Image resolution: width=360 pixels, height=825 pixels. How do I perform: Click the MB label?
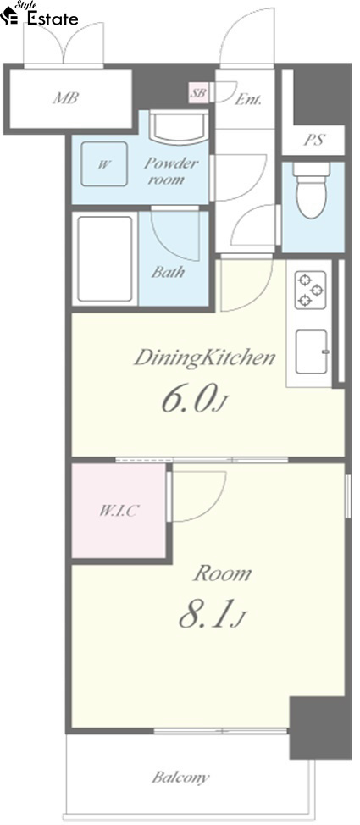pos(66,98)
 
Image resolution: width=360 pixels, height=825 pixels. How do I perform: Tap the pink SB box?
pos(198,94)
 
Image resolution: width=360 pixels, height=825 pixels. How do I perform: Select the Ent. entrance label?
pos(248,99)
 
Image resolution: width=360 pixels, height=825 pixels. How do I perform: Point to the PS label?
pos(314,140)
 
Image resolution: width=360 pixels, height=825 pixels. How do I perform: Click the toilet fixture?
pos(312,190)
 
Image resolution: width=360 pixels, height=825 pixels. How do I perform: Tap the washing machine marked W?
pos(104,163)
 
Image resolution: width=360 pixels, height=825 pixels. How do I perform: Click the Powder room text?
pos(164,170)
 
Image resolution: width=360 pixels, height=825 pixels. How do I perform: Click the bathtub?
pos(105,259)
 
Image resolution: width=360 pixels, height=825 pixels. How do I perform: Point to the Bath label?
pos(168,272)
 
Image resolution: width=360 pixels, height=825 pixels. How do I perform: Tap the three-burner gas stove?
pos(310,290)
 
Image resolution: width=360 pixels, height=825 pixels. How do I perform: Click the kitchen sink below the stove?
pos(311,352)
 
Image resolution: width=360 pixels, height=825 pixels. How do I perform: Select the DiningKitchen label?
pos(205,358)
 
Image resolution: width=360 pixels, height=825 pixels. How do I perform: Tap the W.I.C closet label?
pos(118,511)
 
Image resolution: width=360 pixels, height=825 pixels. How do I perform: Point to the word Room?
pos(223,573)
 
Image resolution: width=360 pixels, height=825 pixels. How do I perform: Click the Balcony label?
pos(180,777)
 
